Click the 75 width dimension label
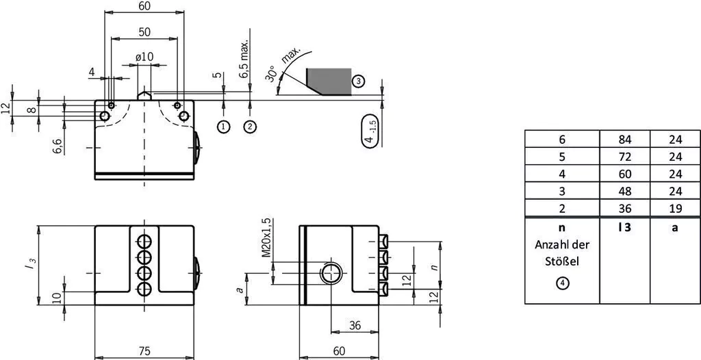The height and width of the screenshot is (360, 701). [x=144, y=351]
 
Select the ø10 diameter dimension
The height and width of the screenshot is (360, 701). [x=144, y=57]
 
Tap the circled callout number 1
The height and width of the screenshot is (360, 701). [x=224, y=127]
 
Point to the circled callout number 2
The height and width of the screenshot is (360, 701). [x=250, y=127]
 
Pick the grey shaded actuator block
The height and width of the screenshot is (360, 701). [x=329, y=82]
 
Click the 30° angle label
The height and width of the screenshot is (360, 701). [x=270, y=74]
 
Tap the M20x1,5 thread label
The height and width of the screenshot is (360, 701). [x=266, y=237]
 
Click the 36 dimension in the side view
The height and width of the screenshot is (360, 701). [x=355, y=326]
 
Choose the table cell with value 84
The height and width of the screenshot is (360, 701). [x=625, y=140]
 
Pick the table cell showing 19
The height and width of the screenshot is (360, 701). [x=676, y=208]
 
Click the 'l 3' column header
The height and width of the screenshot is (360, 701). [x=625, y=227]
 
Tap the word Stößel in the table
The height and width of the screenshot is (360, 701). [x=562, y=261]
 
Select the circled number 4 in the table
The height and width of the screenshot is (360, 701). [x=562, y=283]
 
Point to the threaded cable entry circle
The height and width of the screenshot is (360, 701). [x=331, y=273]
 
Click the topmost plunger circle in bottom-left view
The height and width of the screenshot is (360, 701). [x=144, y=242]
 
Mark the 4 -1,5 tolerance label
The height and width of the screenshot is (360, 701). [x=371, y=131]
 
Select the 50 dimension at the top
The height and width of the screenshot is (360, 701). [x=144, y=32]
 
